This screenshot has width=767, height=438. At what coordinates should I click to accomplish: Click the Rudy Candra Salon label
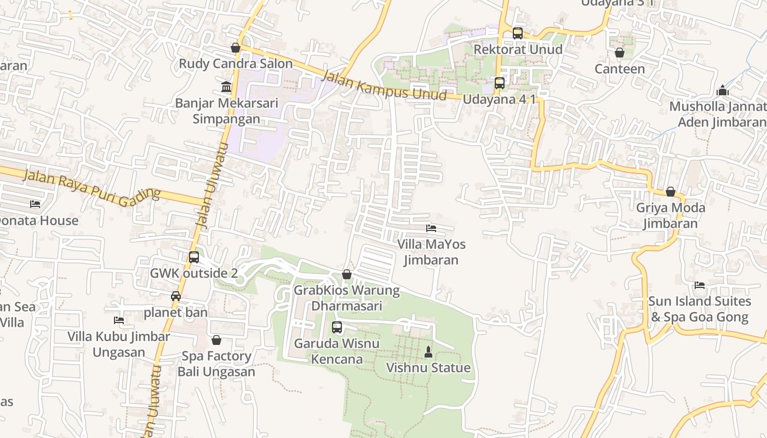pos(236,64)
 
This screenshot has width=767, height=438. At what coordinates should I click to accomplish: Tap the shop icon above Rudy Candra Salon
pos(236,48)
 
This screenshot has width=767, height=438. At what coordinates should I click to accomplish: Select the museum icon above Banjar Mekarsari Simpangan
pos(226,87)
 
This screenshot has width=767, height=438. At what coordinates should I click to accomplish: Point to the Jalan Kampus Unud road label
pos(384,86)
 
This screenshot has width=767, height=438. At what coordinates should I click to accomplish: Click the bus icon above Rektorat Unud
pos(518,33)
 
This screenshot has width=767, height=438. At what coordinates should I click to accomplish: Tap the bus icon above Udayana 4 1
pos(500,83)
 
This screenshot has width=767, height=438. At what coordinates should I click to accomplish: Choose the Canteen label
pos(620,69)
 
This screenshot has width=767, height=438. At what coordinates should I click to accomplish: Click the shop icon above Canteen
pos(620,53)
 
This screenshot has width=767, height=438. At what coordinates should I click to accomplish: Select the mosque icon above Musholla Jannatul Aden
pos(723,90)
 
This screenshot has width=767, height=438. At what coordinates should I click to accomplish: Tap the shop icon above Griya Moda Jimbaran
pos(670,192)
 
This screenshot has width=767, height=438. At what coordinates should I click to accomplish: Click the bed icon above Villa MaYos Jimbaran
pos(431,228)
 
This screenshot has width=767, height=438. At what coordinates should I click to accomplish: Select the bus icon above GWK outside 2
pos(194,257)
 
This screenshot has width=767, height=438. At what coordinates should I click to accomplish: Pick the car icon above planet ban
pos(176,296)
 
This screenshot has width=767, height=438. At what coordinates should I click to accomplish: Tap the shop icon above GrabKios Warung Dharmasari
pos(347,274)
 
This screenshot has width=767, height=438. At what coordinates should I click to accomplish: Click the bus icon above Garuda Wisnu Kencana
pos(337,327)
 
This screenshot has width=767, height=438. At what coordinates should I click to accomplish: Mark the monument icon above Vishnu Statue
pos(428,351)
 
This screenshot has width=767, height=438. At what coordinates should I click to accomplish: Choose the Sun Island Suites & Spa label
pos(699,309)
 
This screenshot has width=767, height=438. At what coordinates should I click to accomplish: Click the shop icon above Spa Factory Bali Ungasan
pos(216,340)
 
